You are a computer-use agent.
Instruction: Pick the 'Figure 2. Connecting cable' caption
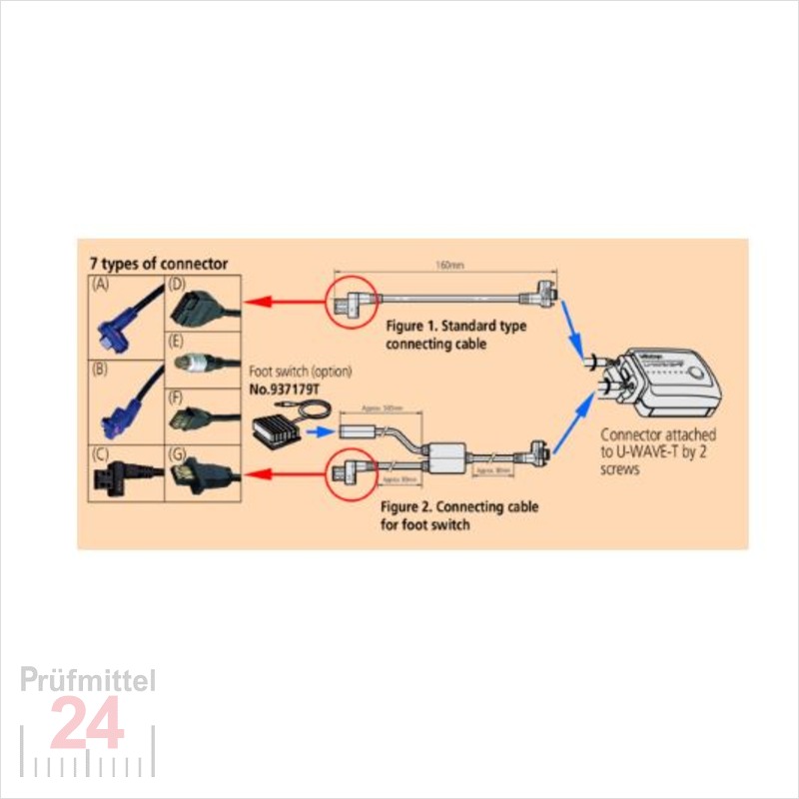tap(459, 507)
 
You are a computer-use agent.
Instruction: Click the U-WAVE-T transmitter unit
tap(670, 384)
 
